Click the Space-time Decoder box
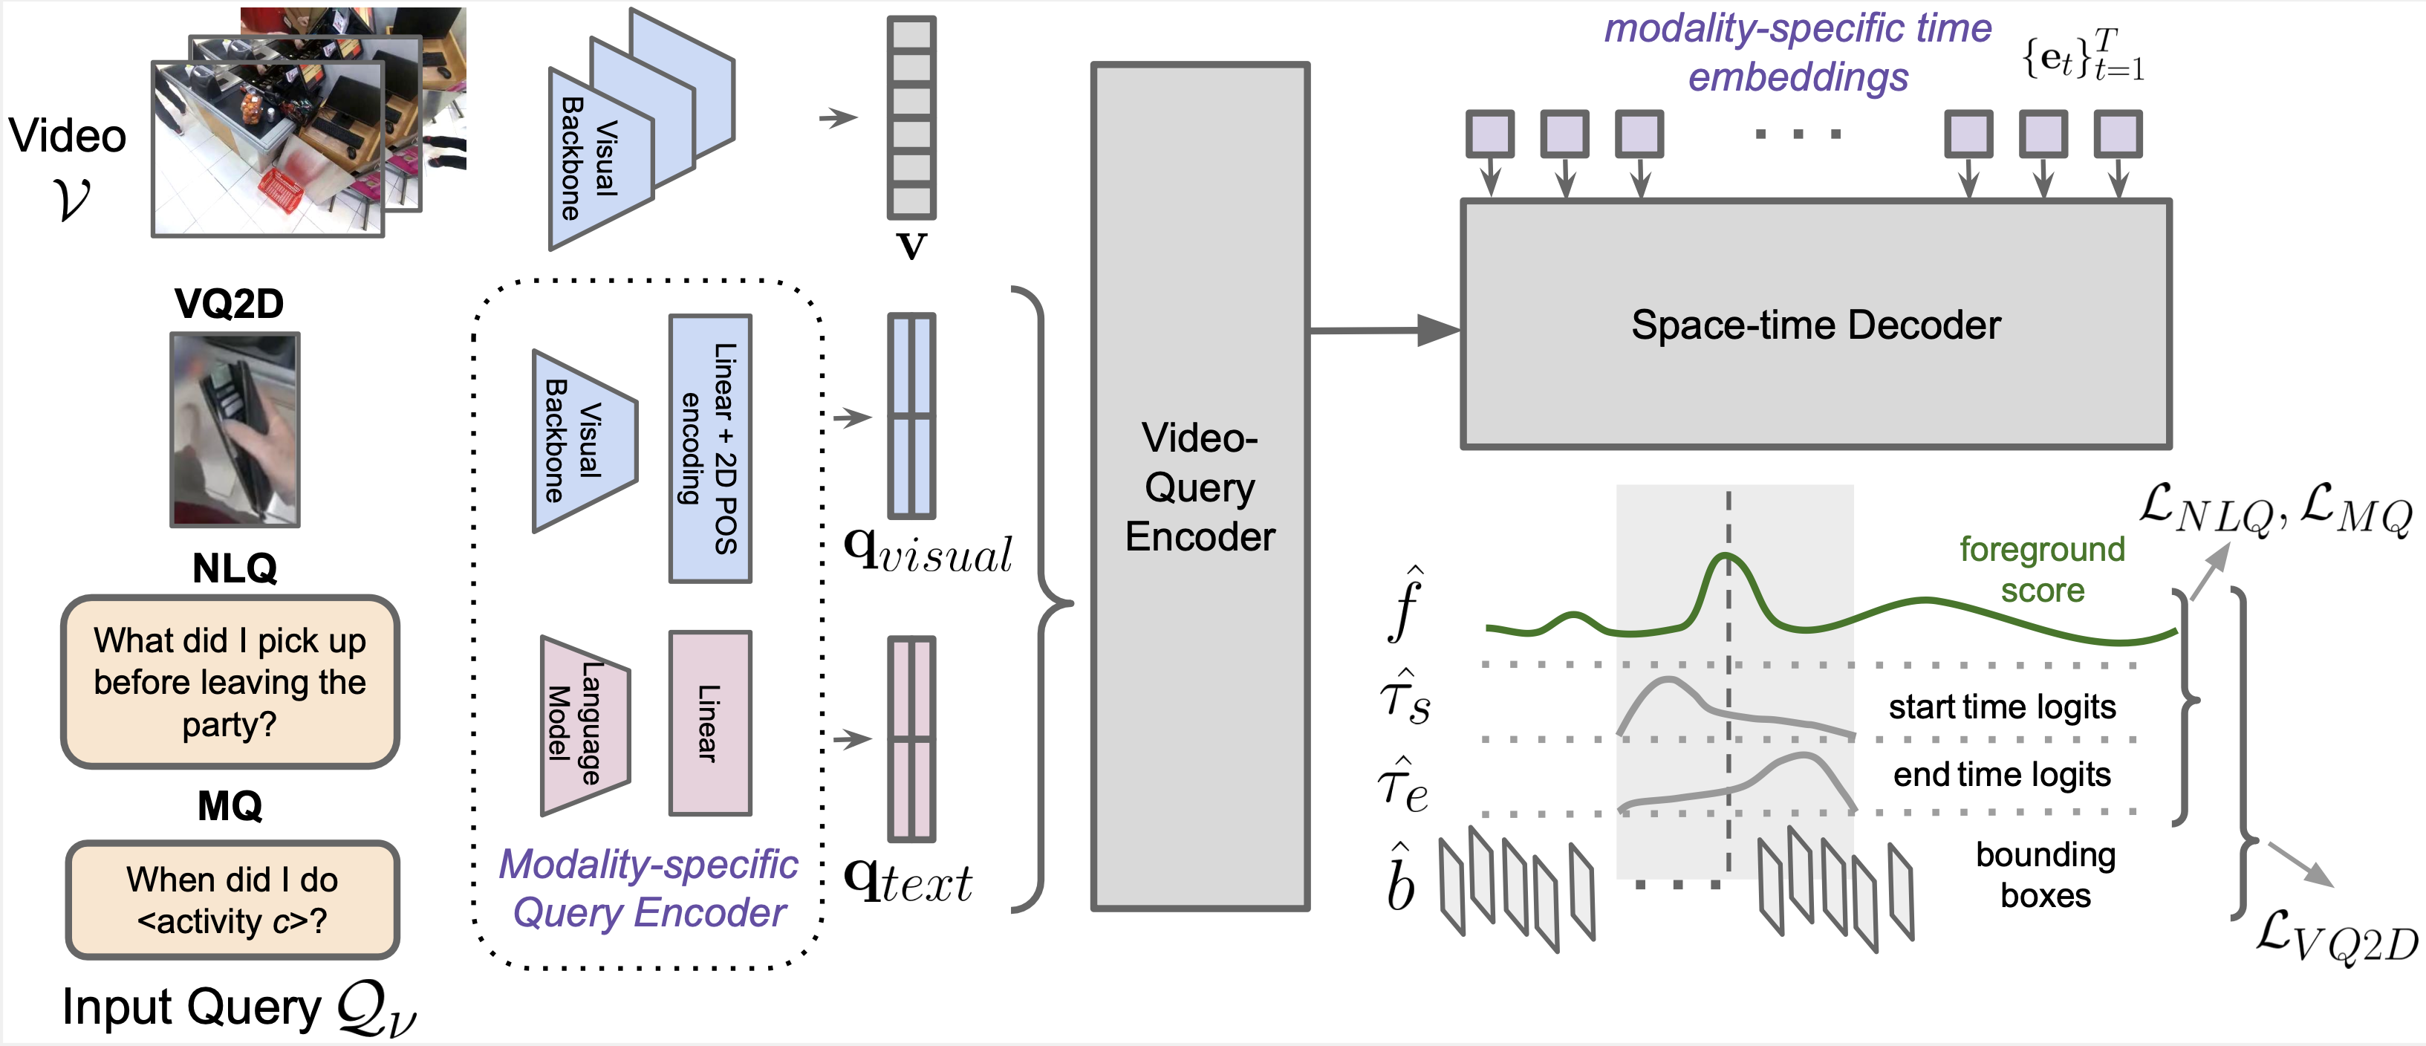click(x=1815, y=325)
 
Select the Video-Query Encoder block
click(x=1200, y=487)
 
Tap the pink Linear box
click(x=710, y=723)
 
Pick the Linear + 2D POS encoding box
click(x=710, y=448)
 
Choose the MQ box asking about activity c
click(x=232, y=900)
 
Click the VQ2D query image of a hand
click(x=235, y=429)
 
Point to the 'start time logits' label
click(x=2002, y=706)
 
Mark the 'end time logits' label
click(x=2002, y=775)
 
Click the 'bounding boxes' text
click(x=2046, y=874)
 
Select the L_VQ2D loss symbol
click(x=2335, y=936)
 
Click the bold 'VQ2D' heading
click(x=229, y=304)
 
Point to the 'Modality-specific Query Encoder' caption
click(x=649, y=888)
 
